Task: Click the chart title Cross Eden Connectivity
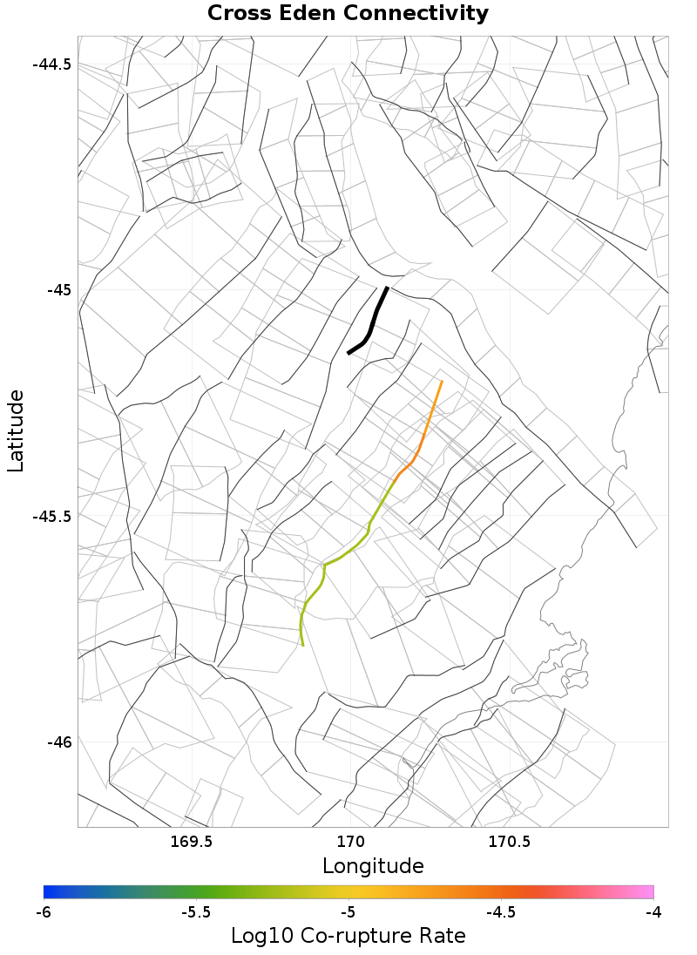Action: (x=348, y=14)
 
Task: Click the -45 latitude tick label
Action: (x=58, y=290)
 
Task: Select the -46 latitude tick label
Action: (x=58, y=742)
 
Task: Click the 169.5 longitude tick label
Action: (x=191, y=842)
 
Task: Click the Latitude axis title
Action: (x=17, y=431)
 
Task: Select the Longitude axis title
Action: (x=373, y=866)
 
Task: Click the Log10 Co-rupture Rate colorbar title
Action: (x=348, y=937)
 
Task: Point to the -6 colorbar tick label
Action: (x=44, y=912)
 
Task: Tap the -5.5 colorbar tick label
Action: (x=195, y=912)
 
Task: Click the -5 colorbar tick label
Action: (x=348, y=912)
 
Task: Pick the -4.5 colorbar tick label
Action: (x=500, y=912)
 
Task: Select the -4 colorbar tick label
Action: (x=653, y=912)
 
